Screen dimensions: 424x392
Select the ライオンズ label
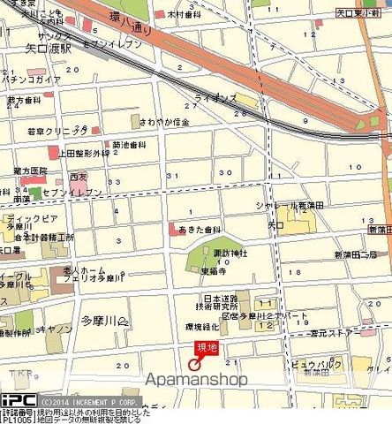tap(215, 99)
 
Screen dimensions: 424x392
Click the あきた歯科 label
tap(198, 230)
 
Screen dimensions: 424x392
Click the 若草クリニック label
tap(49, 130)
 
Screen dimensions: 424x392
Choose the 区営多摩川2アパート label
tap(252, 315)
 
